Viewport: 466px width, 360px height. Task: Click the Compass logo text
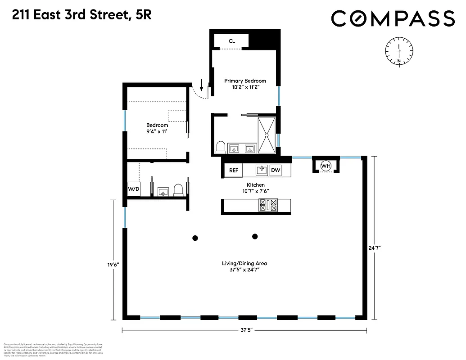point(393,18)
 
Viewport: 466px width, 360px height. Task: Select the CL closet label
point(232,41)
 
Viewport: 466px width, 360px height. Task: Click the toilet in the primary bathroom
point(221,147)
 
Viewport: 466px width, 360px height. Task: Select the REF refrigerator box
point(234,171)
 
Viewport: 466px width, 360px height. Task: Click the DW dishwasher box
point(275,171)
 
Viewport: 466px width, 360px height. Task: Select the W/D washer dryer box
point(134,189)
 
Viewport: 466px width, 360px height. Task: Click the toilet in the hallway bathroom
point(178,190)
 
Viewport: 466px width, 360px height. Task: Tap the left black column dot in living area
point(195,238)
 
